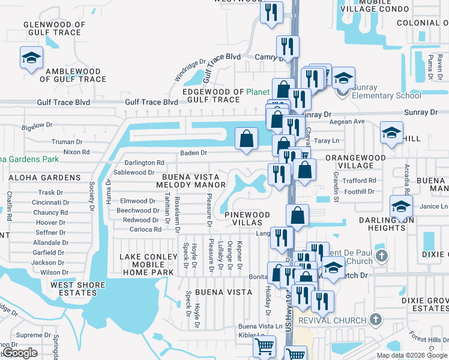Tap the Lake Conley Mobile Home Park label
click(148, 265)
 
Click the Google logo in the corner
click(20, 353)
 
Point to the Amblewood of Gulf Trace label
click(73, 75)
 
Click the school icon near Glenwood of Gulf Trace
click(29, 58)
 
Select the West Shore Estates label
click(74, 289)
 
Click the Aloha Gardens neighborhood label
click(44, 178)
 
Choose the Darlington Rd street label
click(143, 163)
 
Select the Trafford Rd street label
click(360, 180)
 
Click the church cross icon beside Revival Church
click(376, 319)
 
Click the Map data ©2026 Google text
click(411, 355)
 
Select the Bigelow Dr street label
click(37, 126)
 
